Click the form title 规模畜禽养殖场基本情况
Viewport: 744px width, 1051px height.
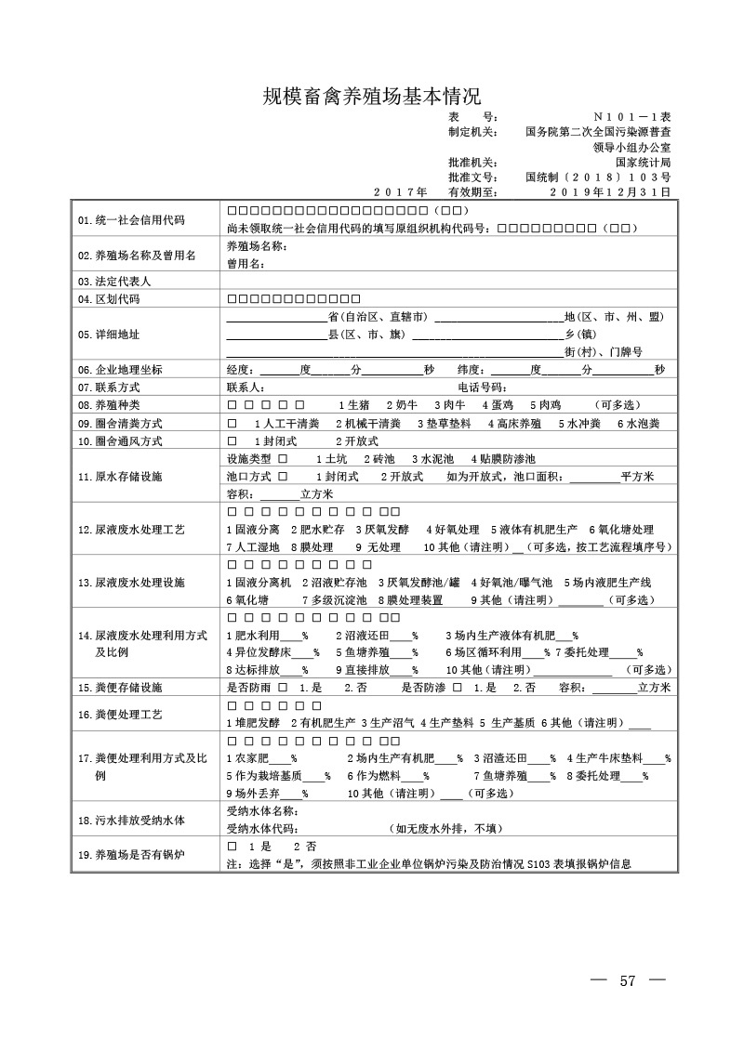click(x=371, y=97)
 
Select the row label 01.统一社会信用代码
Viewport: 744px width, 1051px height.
click(x=131, y=220)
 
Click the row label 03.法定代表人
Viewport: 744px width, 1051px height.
click(x=115, y=281)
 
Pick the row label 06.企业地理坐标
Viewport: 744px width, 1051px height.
click(x=121, y=370)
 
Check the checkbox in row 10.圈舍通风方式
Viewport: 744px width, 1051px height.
click(x=232, y=440)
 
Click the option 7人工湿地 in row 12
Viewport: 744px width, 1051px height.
click(x=254, y=547)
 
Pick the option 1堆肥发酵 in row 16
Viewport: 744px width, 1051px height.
click(x=254, y=722)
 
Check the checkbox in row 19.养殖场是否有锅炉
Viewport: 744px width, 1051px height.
click(x=232, y=847)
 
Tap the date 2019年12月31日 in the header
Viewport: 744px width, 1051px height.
click(x=610, y=192)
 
